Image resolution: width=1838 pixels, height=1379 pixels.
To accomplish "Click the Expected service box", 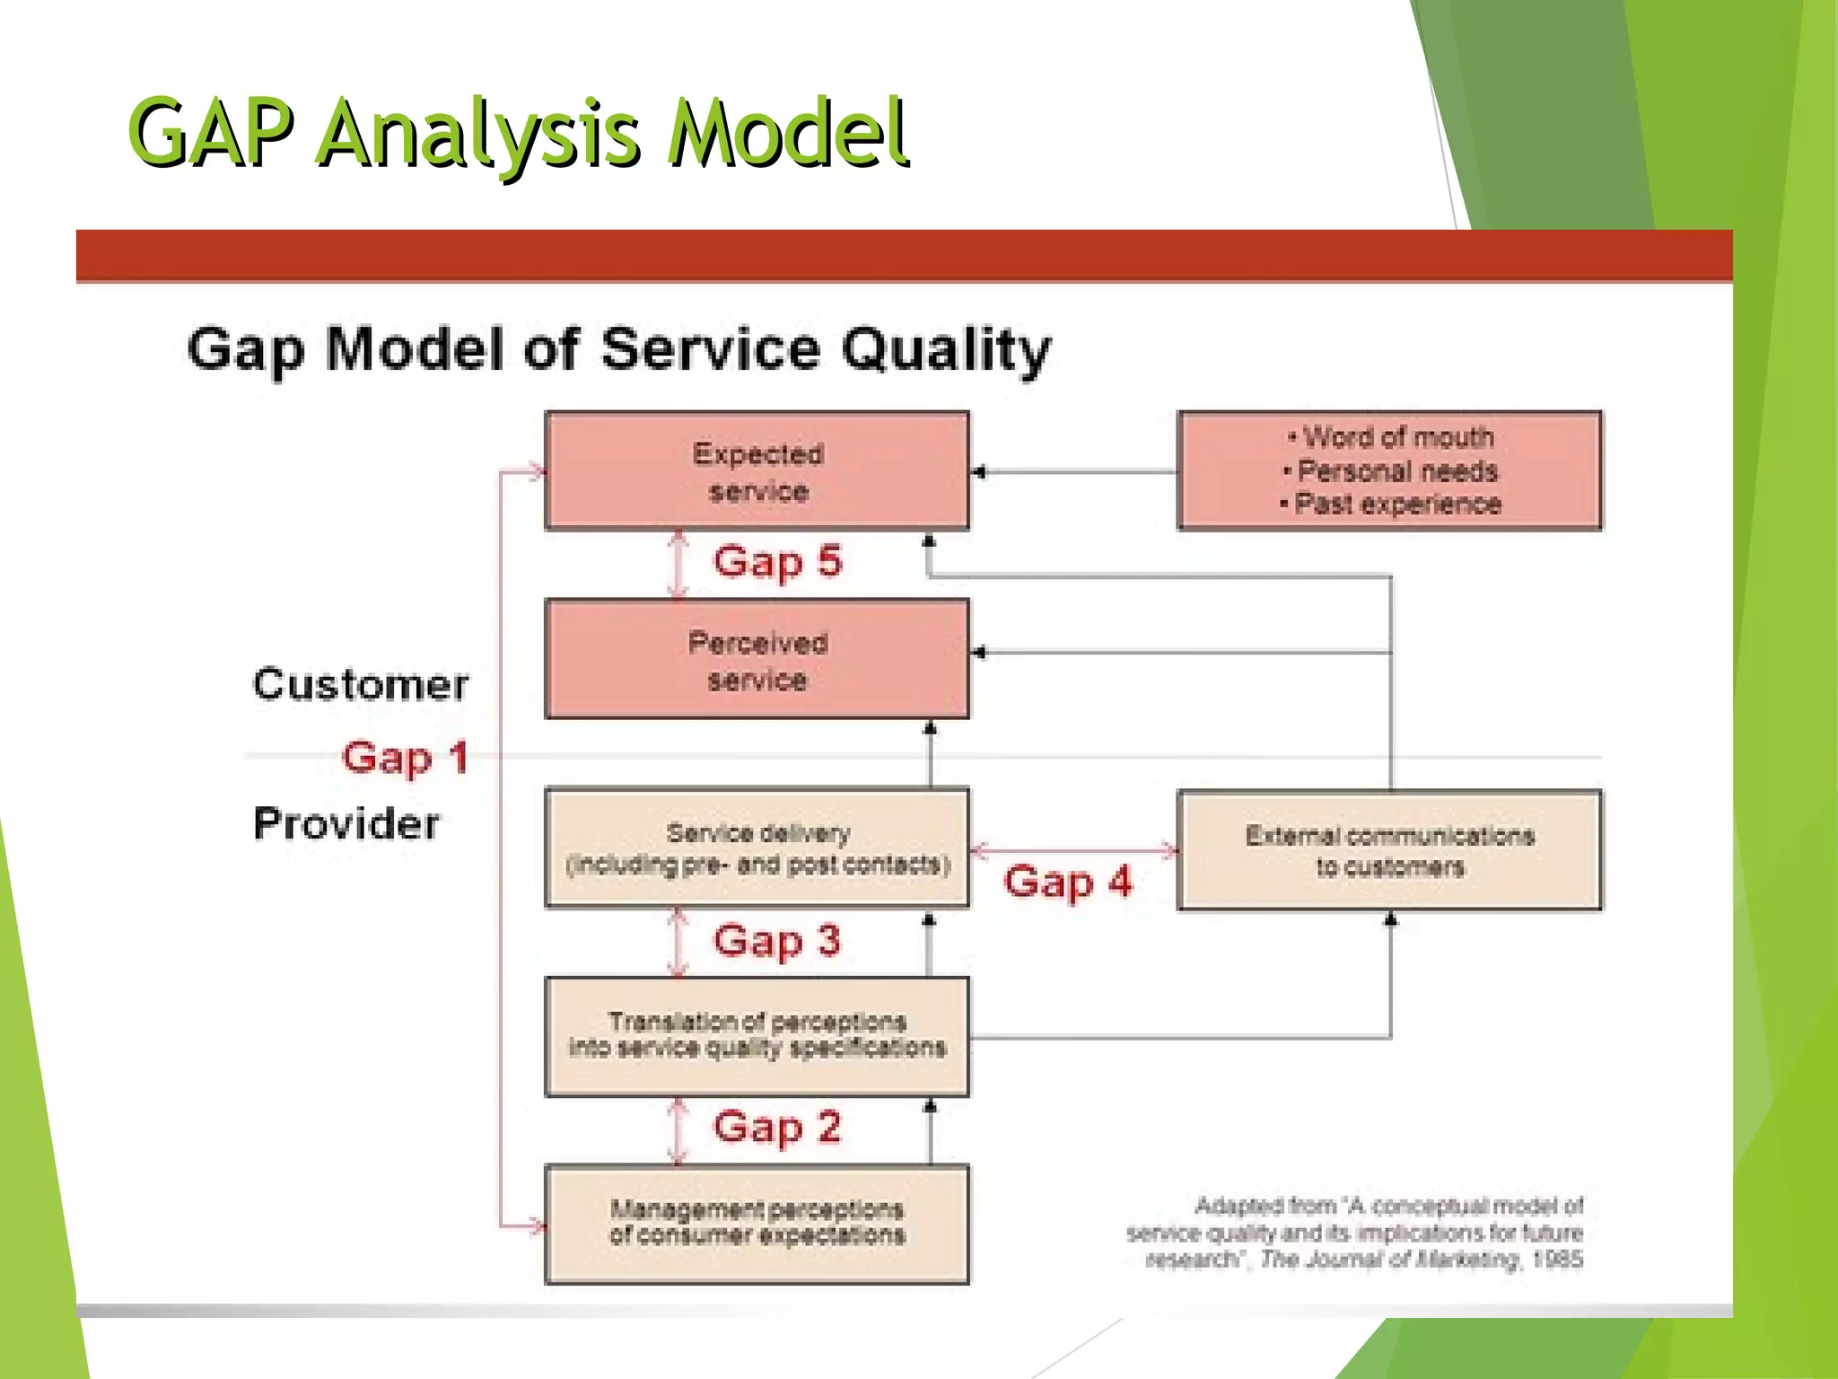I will tap(757, 471).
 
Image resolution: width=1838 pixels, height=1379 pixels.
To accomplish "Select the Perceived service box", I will tap(757, 660).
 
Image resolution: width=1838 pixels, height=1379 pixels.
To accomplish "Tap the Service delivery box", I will tap(757, 848).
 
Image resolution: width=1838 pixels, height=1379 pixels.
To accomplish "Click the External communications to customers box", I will tap(1389, 850).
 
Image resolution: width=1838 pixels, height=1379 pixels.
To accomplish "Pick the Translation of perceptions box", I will tap(757, 1036).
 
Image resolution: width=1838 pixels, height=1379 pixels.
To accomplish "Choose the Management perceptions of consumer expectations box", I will tap(757, 1224).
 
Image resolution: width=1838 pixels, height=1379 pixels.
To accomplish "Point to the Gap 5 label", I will tap(777, 562).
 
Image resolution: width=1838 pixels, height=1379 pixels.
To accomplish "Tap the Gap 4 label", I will tap(1067, 883).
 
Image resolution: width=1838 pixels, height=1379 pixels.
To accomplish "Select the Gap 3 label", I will tap(777, 942).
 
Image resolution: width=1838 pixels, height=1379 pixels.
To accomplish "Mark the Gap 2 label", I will tap(777, 1128).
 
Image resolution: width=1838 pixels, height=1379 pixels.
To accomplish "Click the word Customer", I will tap(360, 685).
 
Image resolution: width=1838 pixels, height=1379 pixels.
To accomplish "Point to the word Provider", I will tap(346, 824).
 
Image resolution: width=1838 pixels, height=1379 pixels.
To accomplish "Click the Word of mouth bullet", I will tap(1396, 438).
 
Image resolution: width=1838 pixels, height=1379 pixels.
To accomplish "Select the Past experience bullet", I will tap(1396, 505).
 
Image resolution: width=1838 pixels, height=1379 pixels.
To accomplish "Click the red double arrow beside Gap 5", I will tap(678, 564).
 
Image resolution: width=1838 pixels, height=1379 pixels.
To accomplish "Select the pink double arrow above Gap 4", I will tap(1073, 849).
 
